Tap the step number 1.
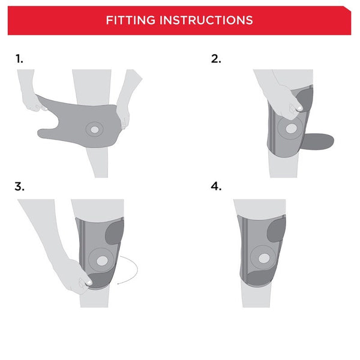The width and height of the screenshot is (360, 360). pyautogui.click(x=19, y=59)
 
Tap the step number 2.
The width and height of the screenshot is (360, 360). pyautogui.click(x=216, y=59)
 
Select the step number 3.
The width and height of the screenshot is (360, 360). pyautogui.click(x=20, y=187)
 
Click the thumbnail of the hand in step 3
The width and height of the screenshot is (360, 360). pyautogui.click(x=88, y=281)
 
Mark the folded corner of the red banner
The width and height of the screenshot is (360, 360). pyautogui.click(x=347, y=10)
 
